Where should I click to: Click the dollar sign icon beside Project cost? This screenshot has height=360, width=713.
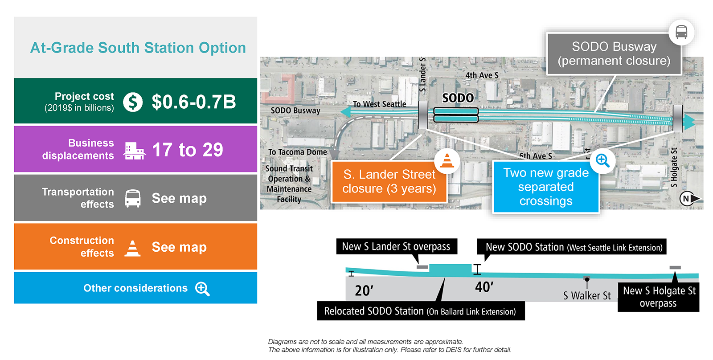tap(133, 102)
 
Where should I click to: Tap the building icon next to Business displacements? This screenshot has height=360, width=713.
tap(134, 151)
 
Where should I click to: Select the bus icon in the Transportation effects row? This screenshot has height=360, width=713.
tap(133, 199)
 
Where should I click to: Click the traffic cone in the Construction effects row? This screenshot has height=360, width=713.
tap(132, 248)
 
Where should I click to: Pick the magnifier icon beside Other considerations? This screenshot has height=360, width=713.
tap(202, 289)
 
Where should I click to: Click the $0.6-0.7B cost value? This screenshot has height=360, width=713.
tap(194, 102)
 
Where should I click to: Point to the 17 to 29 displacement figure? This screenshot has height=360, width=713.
tap(188, 150)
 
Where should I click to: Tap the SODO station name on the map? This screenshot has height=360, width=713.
tap(458, 98)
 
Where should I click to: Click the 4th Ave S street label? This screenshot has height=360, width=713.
tap(482, 75)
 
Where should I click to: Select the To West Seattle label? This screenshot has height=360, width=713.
tap(379, 104)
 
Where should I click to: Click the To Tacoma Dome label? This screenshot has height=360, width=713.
tap(298, 152)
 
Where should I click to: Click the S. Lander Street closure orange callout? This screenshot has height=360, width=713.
tap(389, 182)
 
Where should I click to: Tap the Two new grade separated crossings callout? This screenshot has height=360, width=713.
tap(546, 187)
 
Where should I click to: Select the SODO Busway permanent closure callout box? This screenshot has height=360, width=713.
tap(614, 54)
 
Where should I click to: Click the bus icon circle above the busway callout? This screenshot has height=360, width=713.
tap(681, 32)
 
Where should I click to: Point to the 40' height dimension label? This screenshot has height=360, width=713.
tap(484, 287)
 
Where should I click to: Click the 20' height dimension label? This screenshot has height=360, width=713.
tap(364, 290)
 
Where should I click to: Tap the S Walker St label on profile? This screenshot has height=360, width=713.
tap(587, 296)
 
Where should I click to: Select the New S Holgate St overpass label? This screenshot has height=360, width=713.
tap(659, 297)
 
